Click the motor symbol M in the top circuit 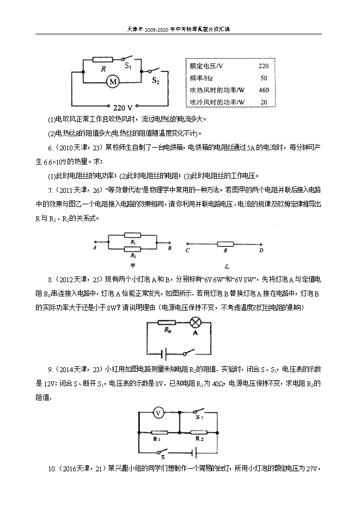click(x=113, y=82)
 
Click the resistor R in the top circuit click(x=103, y=60)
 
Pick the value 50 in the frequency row click(x=264, y=78)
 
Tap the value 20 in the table click(x=264, y=102)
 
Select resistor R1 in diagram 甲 click(x=133, y=238)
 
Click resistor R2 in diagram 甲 click(x=133, y=250)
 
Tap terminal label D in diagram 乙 click(x=261, y=251)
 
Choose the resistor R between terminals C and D click(x=225, y=244)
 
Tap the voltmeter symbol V click(x=158, y=413)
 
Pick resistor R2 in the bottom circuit click(x=198, y=430)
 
